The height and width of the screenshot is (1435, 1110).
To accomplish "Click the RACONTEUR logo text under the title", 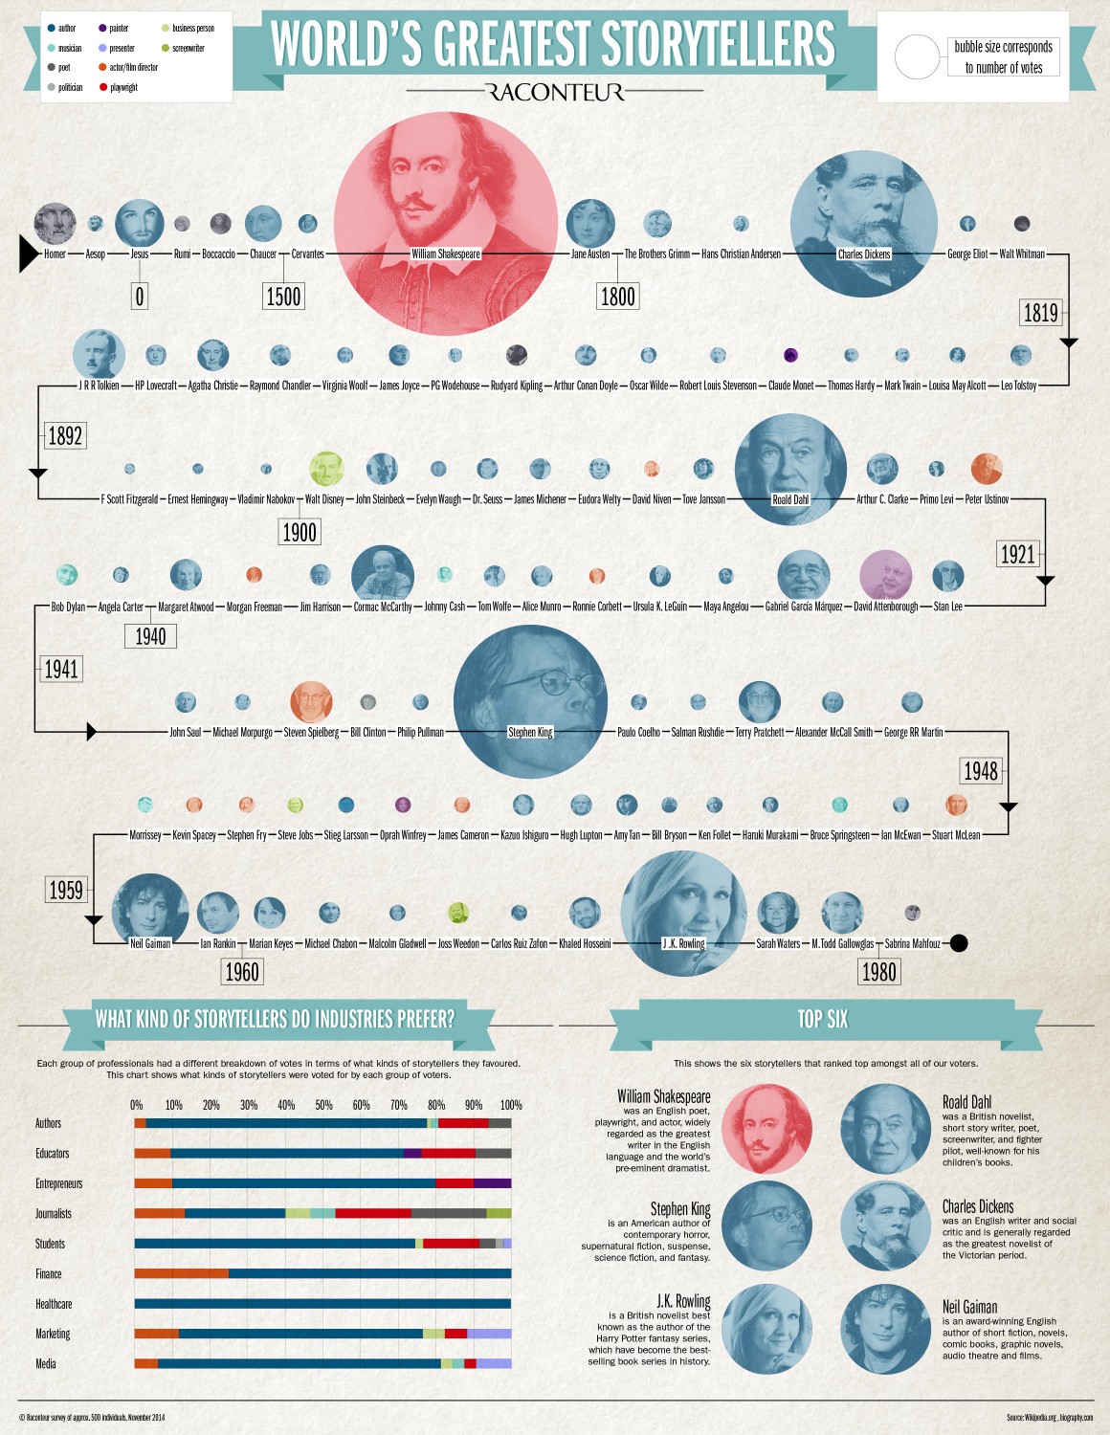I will pyautogui.click(x=555, y=92).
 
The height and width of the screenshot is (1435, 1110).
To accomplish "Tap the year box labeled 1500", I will pyautogui.click(x=283, y=297).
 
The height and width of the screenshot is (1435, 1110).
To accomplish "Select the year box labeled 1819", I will pyautogui.click(x=1041, y=313).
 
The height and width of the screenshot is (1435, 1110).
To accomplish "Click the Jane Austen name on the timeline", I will pyautogui.click(x=590, y=254).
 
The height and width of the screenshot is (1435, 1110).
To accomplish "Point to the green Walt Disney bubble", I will pyautogui.click(x=326, y=469).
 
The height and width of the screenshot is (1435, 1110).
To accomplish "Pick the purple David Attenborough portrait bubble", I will pyautogui.click(x=886, y=576).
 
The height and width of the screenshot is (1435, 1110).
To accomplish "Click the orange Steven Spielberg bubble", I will pyautogui.click(x=311, y=701).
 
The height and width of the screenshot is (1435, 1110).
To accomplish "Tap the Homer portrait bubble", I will pyautogui.click(x=55, y=224).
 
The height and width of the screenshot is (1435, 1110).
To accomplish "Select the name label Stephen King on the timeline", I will pyautogui.click(x=530, y=733).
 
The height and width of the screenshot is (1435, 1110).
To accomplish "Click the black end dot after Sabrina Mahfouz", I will pyautogui.click(x=959, y=943).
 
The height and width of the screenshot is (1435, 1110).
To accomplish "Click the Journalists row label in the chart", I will pyautogui.click(x=54, y=1214).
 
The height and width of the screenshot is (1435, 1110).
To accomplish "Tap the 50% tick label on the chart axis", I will pyautogui.click(x=323, y=1105).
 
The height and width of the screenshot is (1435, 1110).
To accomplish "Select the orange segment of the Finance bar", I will pyautogui.click(x=181, y=1273).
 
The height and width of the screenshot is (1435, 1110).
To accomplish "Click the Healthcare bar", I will pyautogui.click(x=322, y=1303).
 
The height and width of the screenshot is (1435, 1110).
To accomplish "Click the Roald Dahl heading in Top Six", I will pyautogui.click(x=966, y=1102).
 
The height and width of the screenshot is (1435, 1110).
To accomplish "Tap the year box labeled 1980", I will pyautogui.click(x=878, y=972).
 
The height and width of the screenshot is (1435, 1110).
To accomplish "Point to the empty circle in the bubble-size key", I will pyautogui.click(x=917, y=57).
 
